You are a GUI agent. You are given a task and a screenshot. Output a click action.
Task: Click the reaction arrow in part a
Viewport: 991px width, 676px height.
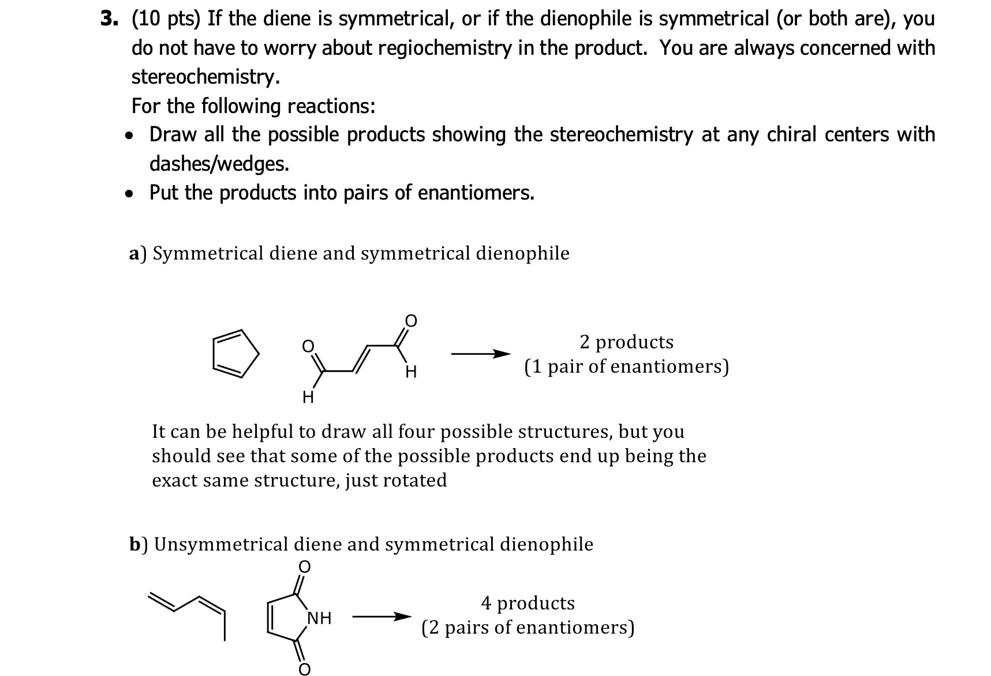point(480,354)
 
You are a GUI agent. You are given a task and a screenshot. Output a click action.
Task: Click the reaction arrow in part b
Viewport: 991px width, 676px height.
point(382,617)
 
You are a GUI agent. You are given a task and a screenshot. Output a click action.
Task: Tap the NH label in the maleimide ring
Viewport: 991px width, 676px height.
point(319,618)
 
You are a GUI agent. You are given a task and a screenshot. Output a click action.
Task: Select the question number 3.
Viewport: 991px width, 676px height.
point(108,19)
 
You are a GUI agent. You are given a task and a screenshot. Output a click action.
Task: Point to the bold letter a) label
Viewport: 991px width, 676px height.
point(137,253)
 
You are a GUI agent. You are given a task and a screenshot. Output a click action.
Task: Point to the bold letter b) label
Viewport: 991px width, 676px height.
point(137,544)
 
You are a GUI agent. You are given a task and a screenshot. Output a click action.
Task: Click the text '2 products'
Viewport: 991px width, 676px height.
point(626,342)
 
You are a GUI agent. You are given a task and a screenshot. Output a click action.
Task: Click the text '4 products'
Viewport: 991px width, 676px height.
point(528,603)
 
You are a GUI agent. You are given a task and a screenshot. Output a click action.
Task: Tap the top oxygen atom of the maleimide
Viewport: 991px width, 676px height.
point(304,566)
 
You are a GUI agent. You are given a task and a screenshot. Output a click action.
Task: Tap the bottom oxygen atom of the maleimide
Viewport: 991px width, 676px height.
point(304,669)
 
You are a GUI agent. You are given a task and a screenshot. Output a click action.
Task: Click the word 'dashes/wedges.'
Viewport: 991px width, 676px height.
point(219,164)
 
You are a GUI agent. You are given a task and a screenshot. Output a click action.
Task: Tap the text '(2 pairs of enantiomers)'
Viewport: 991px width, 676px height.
point(528,628)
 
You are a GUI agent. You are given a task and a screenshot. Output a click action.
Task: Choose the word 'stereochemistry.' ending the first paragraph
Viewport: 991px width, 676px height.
point(206,77)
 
